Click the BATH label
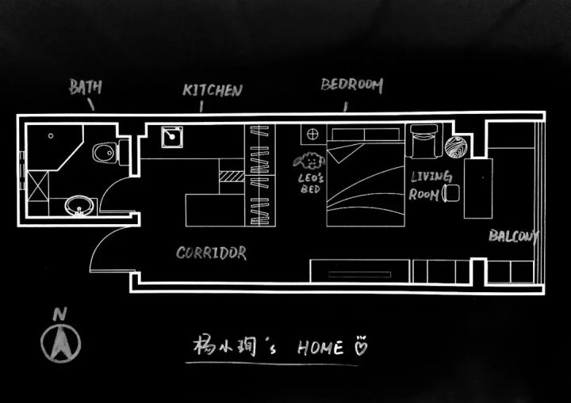click(x=85, y=86)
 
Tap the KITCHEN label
click(x=213, y=90)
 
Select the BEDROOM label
click(x=352, y=86)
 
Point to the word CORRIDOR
click(x=211, y=253)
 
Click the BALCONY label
click(x=513, y=236)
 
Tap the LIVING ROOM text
click(x=431, y=185)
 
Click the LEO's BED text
click(x=310, y=184)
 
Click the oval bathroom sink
click(x=79, y=206)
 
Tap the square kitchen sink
click(x=172, y=137)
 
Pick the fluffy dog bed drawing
click(x=309, y=161)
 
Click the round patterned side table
click(x=455, y=147)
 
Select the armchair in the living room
click(x=423, y=141)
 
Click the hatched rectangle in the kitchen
click(x=232, y=177)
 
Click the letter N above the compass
click(x=60, y=314)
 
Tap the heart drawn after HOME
click(x=361, y=347)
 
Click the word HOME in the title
click(x=320, y=348)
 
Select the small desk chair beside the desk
click(x=450, y=193)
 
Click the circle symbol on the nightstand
click(x=312, y=135)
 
